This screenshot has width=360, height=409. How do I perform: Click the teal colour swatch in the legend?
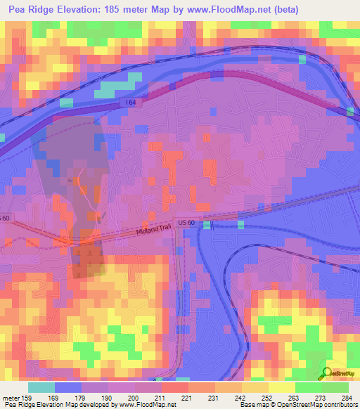(x=41, y=388)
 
